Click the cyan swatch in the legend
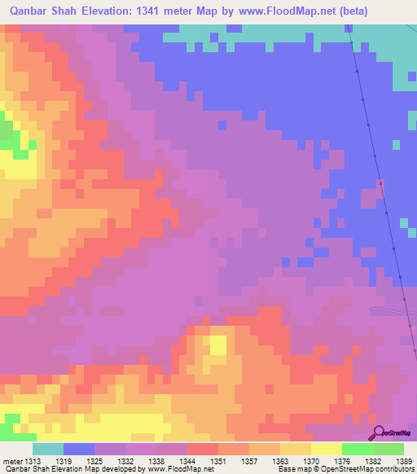[x=48, y=449]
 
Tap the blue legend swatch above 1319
[x=79, y=449]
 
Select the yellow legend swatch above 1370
[x=296, y=449]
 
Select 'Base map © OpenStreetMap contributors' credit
[x=344, y=469]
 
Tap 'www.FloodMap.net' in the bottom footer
[x=173, y=469]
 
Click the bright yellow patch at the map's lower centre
[x=217, y=345]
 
